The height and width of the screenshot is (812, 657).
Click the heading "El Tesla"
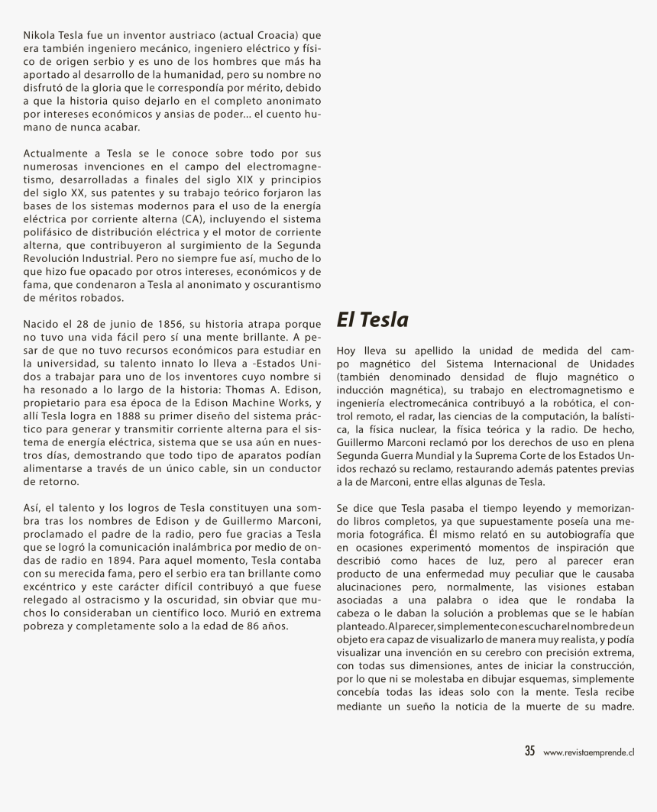coord(372,320)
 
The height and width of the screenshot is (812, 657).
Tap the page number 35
coord(529,751)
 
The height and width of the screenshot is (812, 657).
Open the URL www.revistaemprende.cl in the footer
coord(589,752)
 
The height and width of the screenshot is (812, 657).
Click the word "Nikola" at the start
coord(38,35)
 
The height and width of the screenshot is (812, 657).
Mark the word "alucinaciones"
coord(370,587)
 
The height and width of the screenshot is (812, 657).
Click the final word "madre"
coord(617,705)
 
